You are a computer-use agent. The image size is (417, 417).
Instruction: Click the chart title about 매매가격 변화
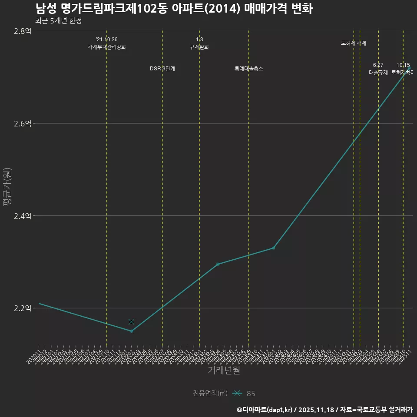174,9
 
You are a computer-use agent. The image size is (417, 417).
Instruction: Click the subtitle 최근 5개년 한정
58,20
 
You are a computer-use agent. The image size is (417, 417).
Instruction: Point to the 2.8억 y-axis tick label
23,31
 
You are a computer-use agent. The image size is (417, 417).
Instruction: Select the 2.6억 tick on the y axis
23,123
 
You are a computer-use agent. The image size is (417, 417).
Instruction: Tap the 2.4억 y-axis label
23,216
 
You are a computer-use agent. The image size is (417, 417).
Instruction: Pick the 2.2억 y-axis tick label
23,308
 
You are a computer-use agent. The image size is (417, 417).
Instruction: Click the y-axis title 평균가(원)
6,187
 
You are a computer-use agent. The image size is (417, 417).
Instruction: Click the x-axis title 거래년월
224,371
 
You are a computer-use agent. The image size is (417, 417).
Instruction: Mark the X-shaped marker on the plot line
131,322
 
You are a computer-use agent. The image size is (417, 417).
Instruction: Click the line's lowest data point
131,331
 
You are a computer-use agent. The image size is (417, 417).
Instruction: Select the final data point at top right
409,68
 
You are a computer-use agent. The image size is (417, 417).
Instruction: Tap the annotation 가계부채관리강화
107,47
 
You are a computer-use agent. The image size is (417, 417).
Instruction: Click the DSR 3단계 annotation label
162,69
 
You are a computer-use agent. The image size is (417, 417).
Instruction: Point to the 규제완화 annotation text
199,47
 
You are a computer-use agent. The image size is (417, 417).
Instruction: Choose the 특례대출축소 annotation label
249,69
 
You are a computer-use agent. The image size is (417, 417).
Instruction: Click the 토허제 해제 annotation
354,43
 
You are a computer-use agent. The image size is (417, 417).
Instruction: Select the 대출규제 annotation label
378,73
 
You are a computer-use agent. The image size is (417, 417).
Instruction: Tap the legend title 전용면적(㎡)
210,393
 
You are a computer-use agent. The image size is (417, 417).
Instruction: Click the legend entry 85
251,394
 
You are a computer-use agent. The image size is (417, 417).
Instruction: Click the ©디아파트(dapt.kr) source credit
265,409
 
